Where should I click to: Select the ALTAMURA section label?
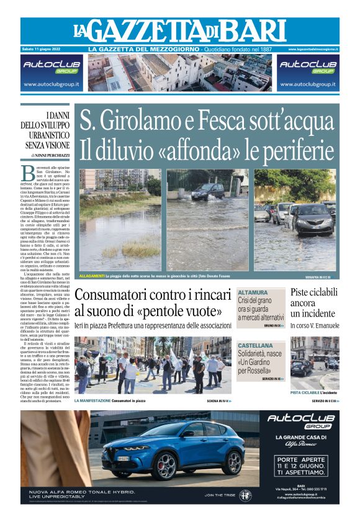pyautogui.click(x=253, y=292)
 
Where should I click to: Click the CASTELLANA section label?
pyautogui.click(x=256, y=344)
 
